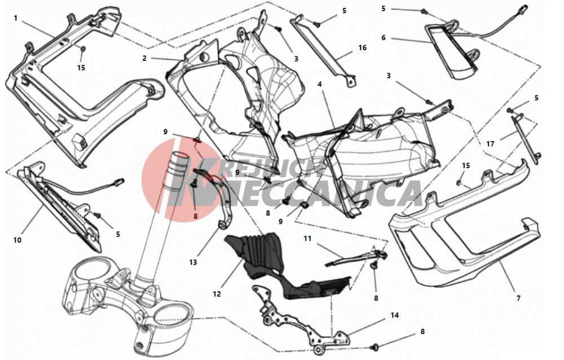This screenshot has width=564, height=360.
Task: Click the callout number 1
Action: tap(15, 18)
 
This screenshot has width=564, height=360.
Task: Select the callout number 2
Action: tap(144, 58)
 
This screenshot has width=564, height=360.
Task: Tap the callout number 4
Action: tap(319, 84)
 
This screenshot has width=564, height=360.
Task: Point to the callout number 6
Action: tap(384, 37)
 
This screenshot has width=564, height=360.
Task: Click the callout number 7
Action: tap(518, 298)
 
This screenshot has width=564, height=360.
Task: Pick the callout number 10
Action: tap(17, 240)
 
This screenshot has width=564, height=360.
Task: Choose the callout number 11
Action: tap(307, 238)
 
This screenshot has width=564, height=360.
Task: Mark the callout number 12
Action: tap(217, 294)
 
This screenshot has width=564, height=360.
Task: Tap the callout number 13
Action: tap(193, 262)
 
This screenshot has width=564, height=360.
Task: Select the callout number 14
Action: tap(395, 315)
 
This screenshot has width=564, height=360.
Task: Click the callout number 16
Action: tap(362, 47)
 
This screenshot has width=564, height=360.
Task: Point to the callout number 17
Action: tap(490, 144)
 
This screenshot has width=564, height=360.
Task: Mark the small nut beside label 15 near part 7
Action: tap(459, 183)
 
